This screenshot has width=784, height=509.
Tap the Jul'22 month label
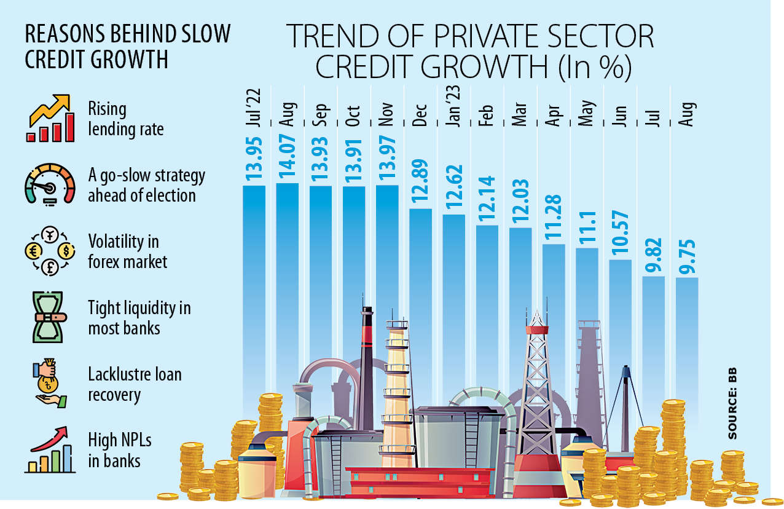pyautogui.click(x=254, y=109)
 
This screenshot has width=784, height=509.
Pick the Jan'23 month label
pyautogui.click(x=453, y=109)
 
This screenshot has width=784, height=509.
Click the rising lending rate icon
pyautogui.click(x=50, y=119)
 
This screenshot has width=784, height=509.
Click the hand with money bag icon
pyautogui.click(x=49, y=384)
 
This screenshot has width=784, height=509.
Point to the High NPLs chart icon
pyautogui.click(x=50, y=451)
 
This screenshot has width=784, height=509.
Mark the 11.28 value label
pyautogui.click(x=553, y=221)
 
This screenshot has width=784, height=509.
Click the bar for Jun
pyautogui.click(x=620, y=307)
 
